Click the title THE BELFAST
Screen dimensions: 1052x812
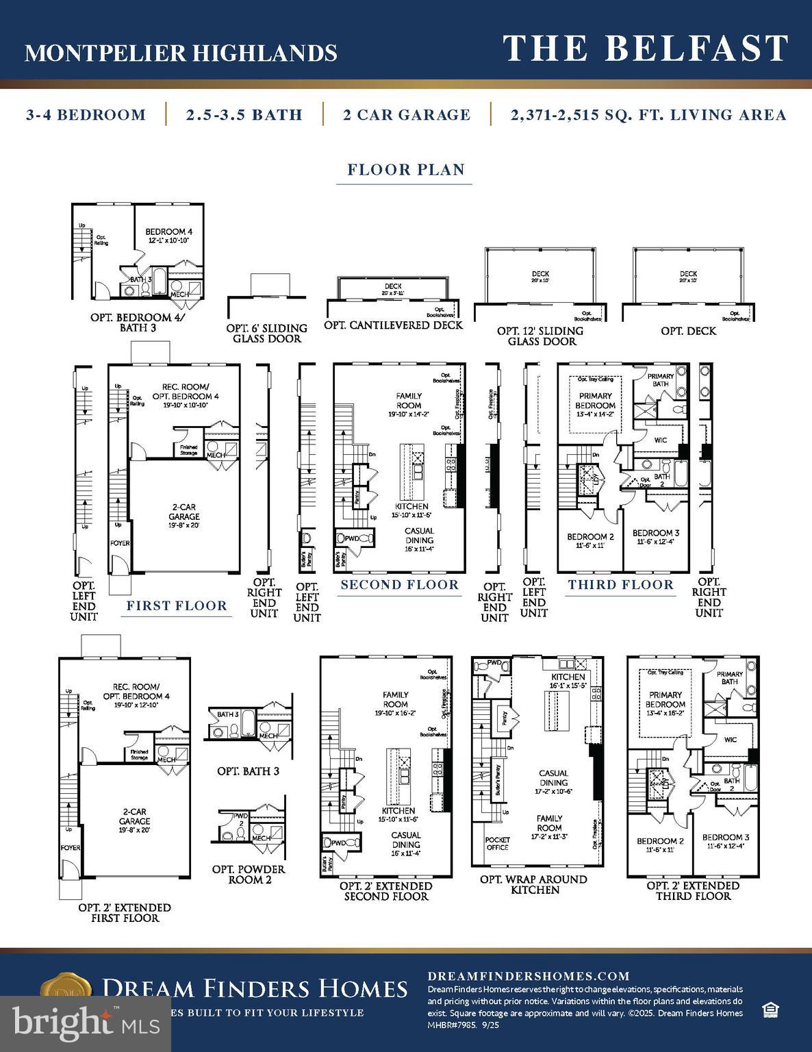646,49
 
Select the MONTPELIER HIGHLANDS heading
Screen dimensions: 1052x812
181,53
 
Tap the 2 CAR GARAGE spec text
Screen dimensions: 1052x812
407,115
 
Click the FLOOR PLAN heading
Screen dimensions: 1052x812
406,170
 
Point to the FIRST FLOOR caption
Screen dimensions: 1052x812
177,605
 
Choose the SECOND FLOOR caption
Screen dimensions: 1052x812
400,585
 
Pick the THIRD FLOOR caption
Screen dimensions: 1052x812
621,585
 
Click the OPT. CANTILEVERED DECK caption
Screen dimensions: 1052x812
393,325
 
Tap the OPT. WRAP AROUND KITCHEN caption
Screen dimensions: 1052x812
535,884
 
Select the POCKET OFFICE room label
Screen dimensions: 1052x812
498,843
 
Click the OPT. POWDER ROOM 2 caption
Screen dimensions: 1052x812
249,874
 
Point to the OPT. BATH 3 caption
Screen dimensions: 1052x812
248,771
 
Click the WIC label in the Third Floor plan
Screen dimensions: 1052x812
661,440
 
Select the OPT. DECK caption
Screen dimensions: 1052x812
688,331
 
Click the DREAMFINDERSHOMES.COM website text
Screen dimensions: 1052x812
528,976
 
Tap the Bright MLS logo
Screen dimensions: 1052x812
86,1023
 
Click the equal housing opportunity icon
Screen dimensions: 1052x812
770,1010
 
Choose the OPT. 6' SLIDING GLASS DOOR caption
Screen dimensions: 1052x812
266,334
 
